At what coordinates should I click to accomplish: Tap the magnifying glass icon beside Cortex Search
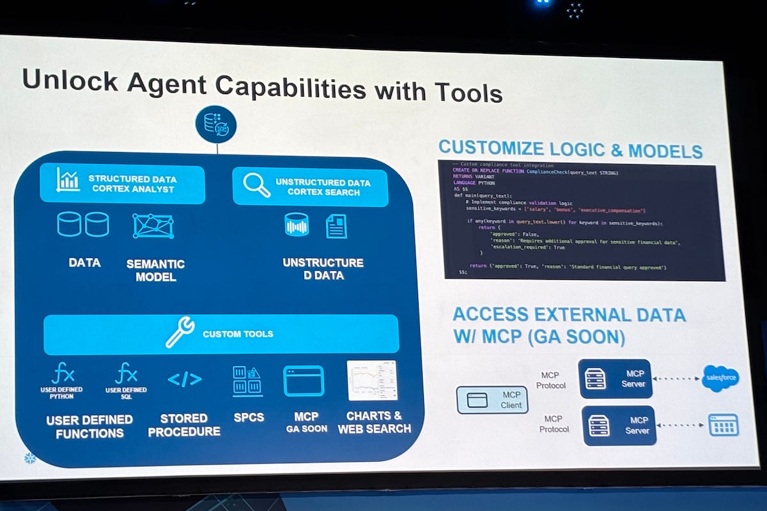[257, 185]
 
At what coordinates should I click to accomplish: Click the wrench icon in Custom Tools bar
[180, 333]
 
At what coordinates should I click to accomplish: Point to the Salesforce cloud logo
[720, 378]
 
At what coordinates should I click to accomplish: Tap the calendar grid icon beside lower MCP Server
[723, 425]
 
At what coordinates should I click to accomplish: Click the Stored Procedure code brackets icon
[184, 379]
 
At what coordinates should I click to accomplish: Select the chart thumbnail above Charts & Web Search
[372, 381]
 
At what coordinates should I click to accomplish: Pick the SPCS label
[248, 417]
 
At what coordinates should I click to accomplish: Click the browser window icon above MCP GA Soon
[303, 381]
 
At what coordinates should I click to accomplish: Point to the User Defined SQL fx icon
[126, 372]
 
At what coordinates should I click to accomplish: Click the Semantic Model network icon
[153, 226]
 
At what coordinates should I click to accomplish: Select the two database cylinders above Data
[83, 224]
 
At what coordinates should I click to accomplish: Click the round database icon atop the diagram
[216, 124]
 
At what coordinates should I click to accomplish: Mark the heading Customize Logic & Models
[570, 150]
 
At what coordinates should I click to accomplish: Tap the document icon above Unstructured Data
[336, 226]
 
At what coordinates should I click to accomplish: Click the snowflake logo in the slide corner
[29, 458]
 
